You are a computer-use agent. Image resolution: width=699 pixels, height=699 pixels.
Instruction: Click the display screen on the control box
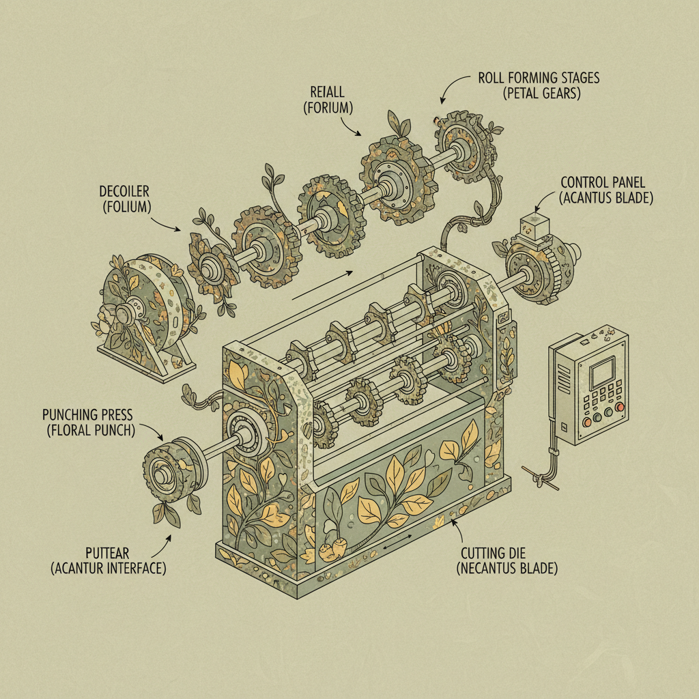pos(601,374)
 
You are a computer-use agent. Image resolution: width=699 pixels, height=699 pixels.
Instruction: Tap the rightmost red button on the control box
pos(620,408)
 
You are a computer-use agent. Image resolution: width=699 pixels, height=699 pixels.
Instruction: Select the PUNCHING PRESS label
pos(87,414)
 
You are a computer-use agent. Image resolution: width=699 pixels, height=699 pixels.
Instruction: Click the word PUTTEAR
pos(108,552)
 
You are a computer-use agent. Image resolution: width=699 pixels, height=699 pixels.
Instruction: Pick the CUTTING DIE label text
pos(507,552)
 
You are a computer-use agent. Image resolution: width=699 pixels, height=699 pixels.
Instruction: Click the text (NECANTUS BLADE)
pos(507,568)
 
